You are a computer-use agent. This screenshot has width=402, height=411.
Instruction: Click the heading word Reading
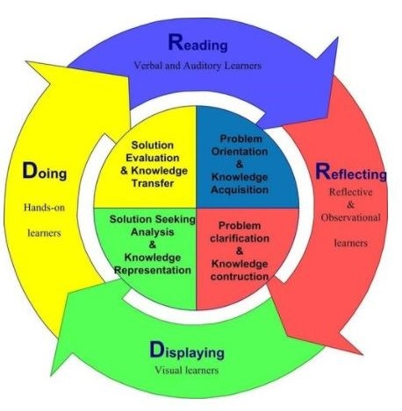click(x=197, y=43)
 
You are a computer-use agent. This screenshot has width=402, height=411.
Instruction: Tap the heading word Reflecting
click(x=351, y=173)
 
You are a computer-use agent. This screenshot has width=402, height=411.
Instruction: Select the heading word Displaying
click(x=187, y=351)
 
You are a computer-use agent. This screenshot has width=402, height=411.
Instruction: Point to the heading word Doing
click(x=45, y=171)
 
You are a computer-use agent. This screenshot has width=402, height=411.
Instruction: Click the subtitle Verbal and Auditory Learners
click(x=197, y=66)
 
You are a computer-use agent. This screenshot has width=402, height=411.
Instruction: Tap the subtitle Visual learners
click(x=187, y=370)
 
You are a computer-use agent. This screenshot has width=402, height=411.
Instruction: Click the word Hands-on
click(x=44, y=208)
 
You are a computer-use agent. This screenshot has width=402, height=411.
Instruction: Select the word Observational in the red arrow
click(x=350, y=217)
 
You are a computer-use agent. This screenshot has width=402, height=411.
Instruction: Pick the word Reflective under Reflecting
click(x=351, y=192)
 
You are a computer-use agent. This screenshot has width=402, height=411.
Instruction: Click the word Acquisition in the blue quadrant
click(x=240, y=190)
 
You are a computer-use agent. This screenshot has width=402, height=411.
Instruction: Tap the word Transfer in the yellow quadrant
click(x=153, y=183)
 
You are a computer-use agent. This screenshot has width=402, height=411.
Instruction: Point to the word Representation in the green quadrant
click(x=153, y=270)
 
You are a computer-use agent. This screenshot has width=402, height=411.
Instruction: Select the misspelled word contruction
click(x=240, y=276)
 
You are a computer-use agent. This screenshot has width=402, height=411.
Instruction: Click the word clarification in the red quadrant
click(x=240, y=238)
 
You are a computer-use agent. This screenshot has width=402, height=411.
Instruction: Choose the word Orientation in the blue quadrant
click(x=240, y=152)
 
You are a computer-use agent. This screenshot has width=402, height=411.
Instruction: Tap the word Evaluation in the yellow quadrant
click(x=153, y=158)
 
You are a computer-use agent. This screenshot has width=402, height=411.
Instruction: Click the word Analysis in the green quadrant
click(x=153, y=232)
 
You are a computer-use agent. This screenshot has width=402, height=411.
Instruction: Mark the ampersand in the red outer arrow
click(x=350, y=204)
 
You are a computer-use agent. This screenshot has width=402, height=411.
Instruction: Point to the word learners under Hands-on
click(x=44, y=233)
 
